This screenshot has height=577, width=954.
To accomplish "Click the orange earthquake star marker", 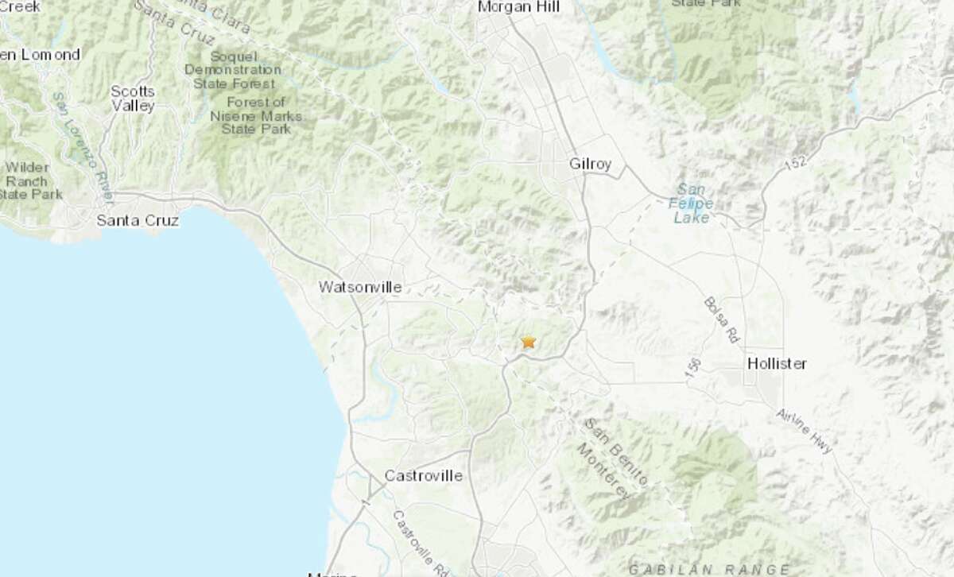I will (528, 343).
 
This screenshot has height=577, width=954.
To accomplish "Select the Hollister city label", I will (777, 363).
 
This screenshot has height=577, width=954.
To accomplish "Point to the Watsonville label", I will (359, 286).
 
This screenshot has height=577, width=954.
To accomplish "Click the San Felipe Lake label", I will (692, 203).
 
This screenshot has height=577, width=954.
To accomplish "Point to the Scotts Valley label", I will (133, 99).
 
